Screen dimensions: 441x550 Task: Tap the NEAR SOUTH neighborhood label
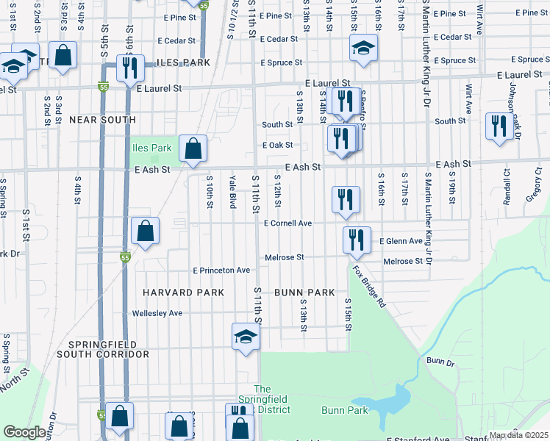pyautogui.click(x=102, y=119)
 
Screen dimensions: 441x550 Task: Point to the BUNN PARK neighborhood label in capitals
pyautogui.click(x=304, y=293)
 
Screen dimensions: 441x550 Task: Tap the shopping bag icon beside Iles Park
pyautogui.click(x=192, y=149)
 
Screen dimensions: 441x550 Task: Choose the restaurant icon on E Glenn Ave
pyautogui.click(x=356, y=239)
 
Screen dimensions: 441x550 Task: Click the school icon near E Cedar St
pyautogui.click(x=363, y=48)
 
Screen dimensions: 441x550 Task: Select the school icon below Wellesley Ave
pyautogui.click(x=246, y=337)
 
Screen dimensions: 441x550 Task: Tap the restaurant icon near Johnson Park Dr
pyautogui.click(x=499, y=125)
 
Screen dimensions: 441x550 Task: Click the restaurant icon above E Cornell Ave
pyautogui.click(x=344, y=198)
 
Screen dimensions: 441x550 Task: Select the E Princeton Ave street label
pyautogui.click(x=221, y=270)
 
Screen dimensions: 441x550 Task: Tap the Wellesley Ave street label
pyautogui.click(x=157, y=313)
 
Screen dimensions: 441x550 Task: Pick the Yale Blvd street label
pyautogui.click(x=232, y=191)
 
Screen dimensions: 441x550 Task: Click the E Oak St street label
pyautogui.click(x=278, y=146)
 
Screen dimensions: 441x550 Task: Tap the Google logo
pyautogui.click(x=24, y=432)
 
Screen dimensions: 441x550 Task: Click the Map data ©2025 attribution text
pyautogui.click(x=519, y=435)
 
